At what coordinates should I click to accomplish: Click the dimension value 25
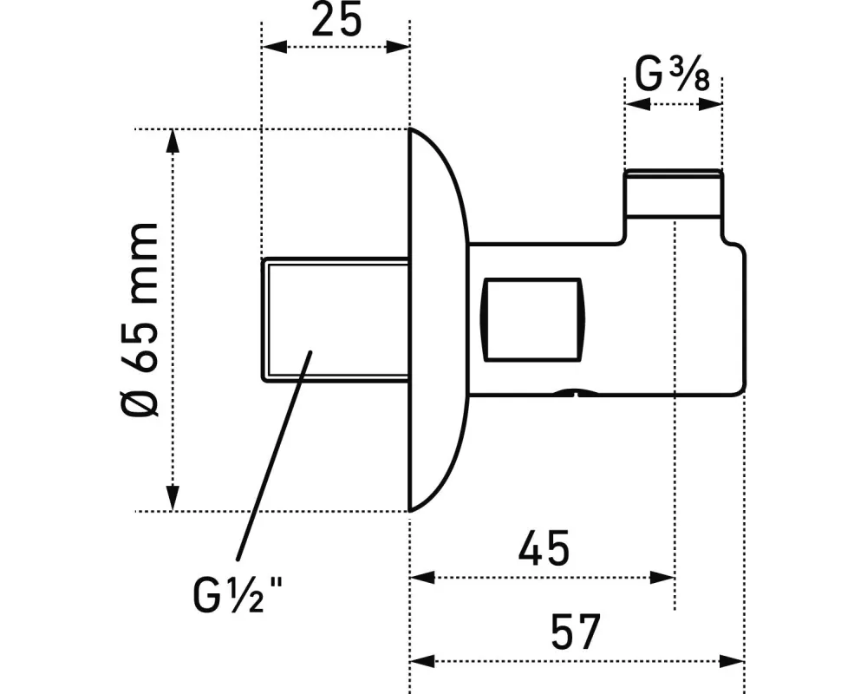[x=336, y=19]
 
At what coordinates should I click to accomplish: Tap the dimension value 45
[x=544, y=548]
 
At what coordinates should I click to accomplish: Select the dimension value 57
[x=576, y=632]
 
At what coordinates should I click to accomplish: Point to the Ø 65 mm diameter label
[x=140, y=319]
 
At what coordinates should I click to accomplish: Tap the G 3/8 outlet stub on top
[x=673, y=193]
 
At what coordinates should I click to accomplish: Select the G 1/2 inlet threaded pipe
[x=335, y=320]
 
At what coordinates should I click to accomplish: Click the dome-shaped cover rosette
[x=439, y=320]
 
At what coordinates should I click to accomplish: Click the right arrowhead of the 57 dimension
[x=732, y=661]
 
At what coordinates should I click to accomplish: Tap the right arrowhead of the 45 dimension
[x=662, y=578]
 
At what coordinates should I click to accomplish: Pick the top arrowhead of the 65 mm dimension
[x=173, y=142]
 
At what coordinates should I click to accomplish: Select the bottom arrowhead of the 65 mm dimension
[x=173, y=498]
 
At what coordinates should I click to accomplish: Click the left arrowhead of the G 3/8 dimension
[x=638, y=103]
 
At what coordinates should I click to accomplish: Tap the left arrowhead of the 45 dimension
[x=423, y=578]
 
